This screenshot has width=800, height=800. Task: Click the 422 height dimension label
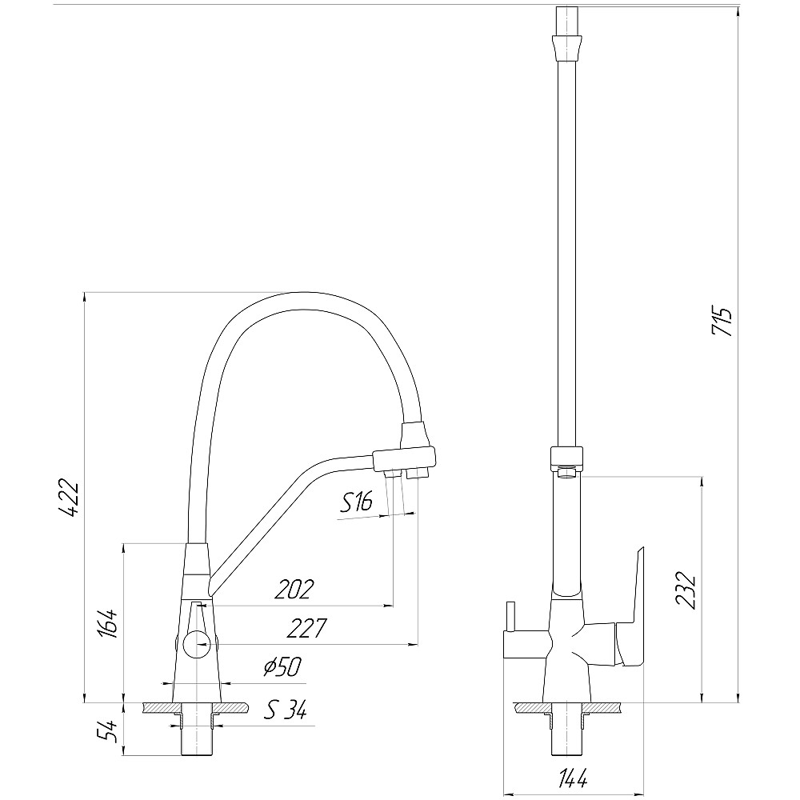click(x=68, y=498)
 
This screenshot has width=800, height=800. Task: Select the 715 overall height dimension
click(x=722, y=321)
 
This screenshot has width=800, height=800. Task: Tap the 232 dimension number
click(x=686, y=590)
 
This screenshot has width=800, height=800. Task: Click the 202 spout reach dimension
click(x=294, y=590)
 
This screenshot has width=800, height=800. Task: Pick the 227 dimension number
click(x=306, y=628)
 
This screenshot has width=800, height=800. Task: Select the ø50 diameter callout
click(x=282, y=667)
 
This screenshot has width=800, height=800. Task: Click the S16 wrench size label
click(x=356, y=502)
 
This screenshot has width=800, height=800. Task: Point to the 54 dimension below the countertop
click(x=109, y=731)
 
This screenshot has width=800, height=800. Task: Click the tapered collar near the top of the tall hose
click(x=566, y=47)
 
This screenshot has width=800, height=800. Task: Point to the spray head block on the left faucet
click(x=405, y=458)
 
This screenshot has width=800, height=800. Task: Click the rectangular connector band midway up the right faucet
click(x=566, y=458)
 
